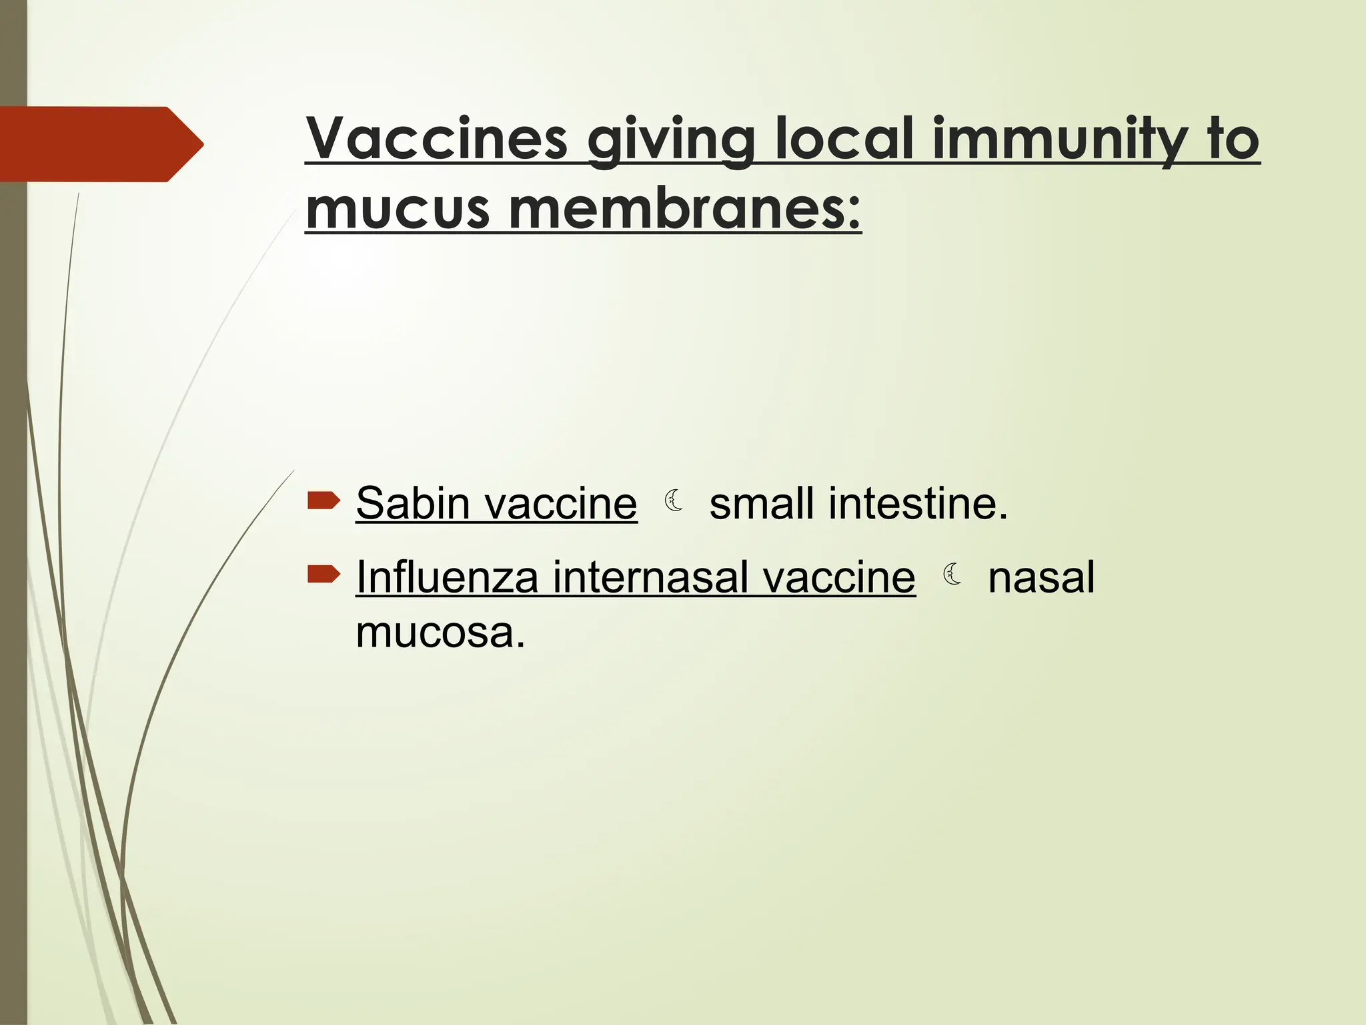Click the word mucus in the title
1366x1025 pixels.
[x=398, y=209]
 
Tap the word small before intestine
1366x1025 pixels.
[x=762, y=503]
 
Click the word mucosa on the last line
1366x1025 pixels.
[x=440, y=632]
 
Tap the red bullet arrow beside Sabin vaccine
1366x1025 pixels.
[x=324, y=500]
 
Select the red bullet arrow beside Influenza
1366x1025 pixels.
[x=324, y=574]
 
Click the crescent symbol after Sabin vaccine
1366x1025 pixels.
[x=674, y=500]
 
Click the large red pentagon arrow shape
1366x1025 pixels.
[x=100, y=144]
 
